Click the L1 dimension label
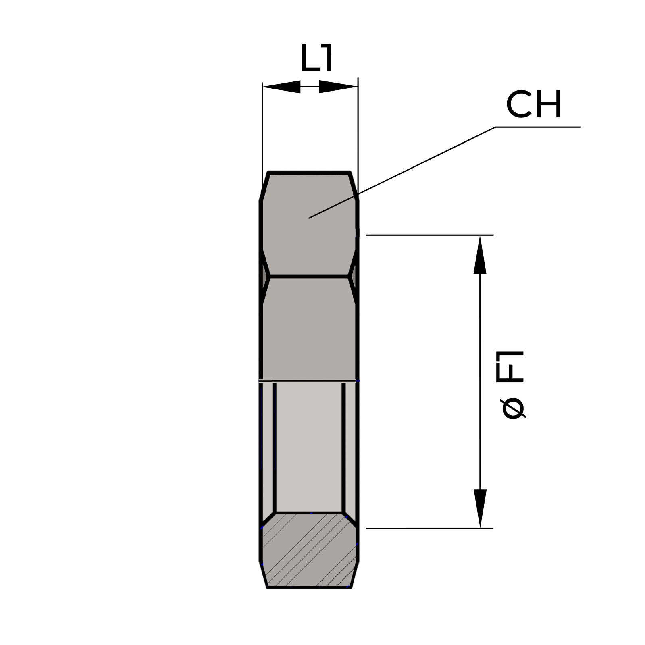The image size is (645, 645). (317, 58)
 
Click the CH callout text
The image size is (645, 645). (534, 105)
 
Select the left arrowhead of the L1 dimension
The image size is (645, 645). (281, 87)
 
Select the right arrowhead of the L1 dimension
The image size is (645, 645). (339, 87)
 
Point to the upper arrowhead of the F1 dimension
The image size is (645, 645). (480, 255)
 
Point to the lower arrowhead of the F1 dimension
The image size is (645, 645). (480, 508)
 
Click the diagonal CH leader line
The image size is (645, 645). (402, 173)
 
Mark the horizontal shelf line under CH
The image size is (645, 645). (538, 127)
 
